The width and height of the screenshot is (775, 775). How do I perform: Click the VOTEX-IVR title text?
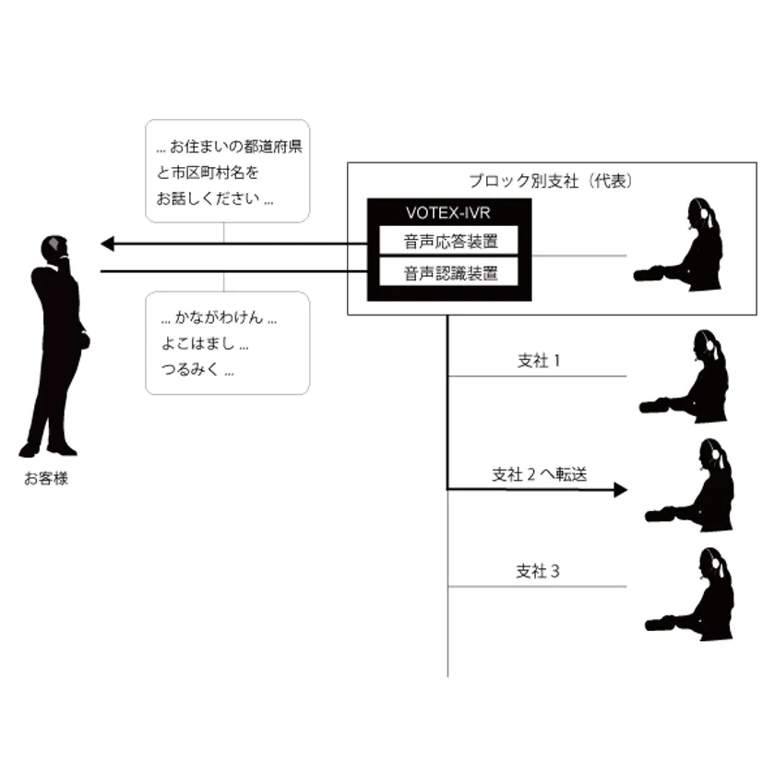click(447, 212)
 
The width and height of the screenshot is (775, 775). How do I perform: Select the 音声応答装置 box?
click(448, 241)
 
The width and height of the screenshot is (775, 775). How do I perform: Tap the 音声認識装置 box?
click(448, 272)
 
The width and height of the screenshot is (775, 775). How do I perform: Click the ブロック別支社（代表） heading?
click(551, 181)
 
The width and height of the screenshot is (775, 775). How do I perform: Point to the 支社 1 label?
click(539, 361)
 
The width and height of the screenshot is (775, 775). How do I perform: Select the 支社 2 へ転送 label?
click(539, 474)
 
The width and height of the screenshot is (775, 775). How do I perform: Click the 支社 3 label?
click(538, 571)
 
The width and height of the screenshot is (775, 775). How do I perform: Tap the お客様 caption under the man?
click(46, 479)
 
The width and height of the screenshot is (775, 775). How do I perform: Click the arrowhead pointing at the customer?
click(107, 244)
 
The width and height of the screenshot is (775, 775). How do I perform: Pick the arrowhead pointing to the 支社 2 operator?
click(620, 490)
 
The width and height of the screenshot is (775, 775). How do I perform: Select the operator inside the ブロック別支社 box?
click(678, 244)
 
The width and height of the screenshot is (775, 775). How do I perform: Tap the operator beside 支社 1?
click(684, 376)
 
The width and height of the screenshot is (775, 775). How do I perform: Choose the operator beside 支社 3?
click(689, 594)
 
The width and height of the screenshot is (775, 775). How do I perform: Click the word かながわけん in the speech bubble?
click(219, 317)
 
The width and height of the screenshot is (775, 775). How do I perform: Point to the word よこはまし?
click(197, 343)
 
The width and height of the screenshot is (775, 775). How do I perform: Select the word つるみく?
click(190, 369)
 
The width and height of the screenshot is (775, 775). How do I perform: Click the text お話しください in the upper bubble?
click(209, 198)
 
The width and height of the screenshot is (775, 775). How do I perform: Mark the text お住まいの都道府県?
click(236, 147)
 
